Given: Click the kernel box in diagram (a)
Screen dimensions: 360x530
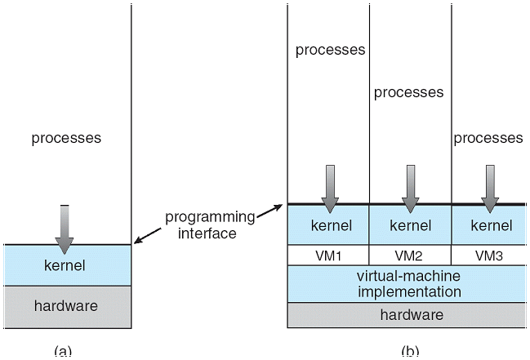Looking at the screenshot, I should coord(65,265).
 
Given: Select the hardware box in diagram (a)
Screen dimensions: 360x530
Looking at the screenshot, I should coord(65,306).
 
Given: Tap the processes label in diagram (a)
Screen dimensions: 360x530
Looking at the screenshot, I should coord(66,138).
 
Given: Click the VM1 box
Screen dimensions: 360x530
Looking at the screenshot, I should coord(328,254).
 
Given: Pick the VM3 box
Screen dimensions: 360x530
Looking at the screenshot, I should coord(488,254).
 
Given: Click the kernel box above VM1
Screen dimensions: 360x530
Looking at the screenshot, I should coord(328,225).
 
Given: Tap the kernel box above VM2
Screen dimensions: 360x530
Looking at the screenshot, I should coord(410,225).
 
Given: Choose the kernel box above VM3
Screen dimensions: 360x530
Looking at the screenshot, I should coord(488,225).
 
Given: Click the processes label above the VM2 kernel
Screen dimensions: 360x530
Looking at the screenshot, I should coord(408,92).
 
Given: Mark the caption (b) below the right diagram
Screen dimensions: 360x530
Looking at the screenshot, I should coord(410,352).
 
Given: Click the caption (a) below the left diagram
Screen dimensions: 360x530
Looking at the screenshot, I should coord(63,352).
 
